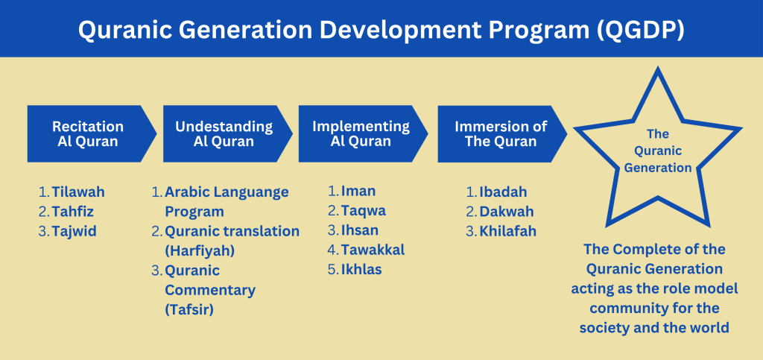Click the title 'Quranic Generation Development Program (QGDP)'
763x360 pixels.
coord(381,30)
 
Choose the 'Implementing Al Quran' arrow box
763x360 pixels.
coord(363,133)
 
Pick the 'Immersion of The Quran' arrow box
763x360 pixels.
coord(502,133)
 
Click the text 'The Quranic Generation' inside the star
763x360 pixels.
coord(658,151)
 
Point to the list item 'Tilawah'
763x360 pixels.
coord(78,192)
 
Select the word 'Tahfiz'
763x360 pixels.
coord(73,212)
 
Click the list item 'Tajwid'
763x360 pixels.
coord(75,232)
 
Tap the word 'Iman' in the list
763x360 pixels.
coord(358,192)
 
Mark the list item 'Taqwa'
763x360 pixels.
coord(364,211)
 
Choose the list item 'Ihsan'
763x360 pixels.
coord(360,230)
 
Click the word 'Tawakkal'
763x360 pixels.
coord(373,250)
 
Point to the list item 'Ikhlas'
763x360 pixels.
coord(361,270)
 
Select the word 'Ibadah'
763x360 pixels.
coord(503,192)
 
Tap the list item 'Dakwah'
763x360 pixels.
coord(507,212)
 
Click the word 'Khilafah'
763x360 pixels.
coord(508,232)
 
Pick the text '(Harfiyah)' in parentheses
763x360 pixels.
coord(200,251)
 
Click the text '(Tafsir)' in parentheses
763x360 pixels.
coord(189,310)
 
